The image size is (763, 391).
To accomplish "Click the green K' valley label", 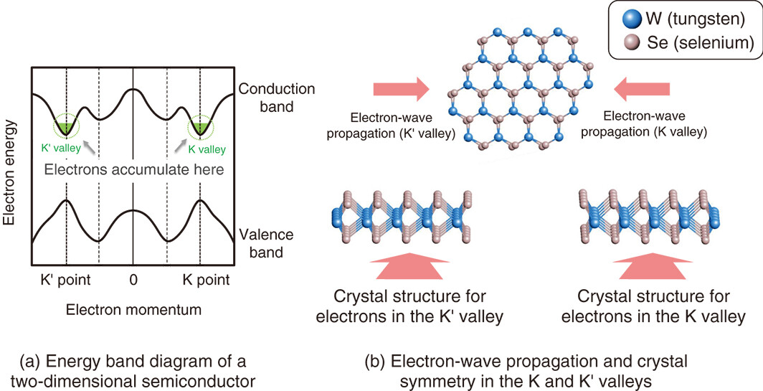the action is (61, 148).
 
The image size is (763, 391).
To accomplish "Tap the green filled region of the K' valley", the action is (66, 128).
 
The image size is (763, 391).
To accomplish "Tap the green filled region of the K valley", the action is (199, 128).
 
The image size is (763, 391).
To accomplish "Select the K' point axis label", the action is (66, 280).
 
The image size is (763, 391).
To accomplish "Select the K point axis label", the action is (207, 280).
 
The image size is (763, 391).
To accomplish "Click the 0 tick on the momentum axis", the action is (133, 280).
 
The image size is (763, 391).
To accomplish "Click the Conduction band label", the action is (276, 98).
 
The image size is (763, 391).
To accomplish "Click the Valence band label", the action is (266, 243).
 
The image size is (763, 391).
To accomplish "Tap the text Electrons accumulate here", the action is (134, 169).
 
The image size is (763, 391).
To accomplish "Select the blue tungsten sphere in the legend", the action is (631, 21).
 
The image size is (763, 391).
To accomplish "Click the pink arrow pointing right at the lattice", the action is (401, 89).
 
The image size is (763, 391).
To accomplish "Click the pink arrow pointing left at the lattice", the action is (643, 89).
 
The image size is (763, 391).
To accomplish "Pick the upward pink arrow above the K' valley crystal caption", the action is (409, 266).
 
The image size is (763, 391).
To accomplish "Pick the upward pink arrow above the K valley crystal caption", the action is (653, 266).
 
